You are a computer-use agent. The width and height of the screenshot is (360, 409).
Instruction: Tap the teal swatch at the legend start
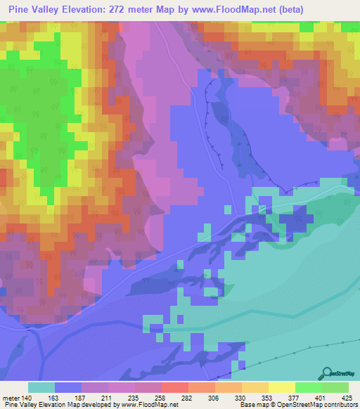pos(41,387)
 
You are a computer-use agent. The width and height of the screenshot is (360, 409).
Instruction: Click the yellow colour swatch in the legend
pos(281,387)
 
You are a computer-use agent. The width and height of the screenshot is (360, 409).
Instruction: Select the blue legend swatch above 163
pos(68,387)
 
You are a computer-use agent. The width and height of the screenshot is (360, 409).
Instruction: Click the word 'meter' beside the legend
pos(11,396)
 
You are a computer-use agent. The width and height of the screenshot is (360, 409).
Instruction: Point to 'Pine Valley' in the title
pos(31,9)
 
